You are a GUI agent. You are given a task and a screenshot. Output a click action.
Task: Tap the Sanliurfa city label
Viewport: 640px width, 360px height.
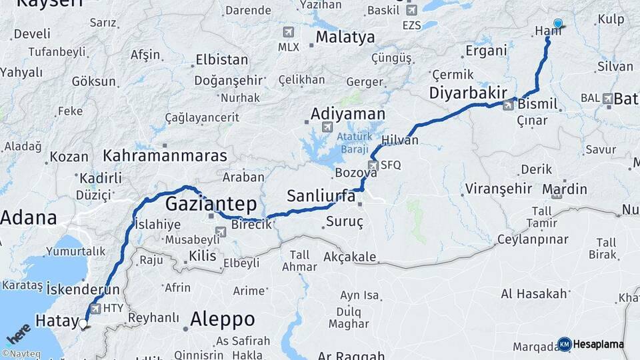click(x=321, y=196)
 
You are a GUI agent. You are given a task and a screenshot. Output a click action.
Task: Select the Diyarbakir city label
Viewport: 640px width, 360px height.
click(x=469, y=92)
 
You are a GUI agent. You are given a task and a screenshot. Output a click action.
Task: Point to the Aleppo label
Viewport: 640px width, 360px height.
click(x=222, y=319)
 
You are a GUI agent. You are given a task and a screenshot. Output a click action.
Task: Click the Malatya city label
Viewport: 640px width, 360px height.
click(x=345, y=37)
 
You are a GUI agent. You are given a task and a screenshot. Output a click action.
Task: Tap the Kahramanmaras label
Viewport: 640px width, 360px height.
click(x=165, y=156)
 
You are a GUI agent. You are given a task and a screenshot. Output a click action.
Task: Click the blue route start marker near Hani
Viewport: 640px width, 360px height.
click(x=557, y=23)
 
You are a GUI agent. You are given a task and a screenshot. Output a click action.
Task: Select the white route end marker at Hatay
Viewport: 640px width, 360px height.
click(x=83, y=324)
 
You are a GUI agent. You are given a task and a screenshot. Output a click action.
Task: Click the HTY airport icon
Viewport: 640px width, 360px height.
click(x=95, y=309)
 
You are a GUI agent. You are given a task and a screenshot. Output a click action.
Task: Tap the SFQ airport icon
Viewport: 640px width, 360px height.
click(x=373, y=165)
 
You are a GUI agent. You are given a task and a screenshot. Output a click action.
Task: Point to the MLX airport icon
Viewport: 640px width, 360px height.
click(x=288, y=32)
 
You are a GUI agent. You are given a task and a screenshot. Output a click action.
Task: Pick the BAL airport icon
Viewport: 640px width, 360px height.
click(x=607, y=99)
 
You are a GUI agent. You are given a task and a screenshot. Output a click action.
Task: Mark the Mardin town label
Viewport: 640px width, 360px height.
click(x=564, y=189)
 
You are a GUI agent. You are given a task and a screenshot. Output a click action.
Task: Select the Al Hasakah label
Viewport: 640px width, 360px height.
click(x=534, y=293)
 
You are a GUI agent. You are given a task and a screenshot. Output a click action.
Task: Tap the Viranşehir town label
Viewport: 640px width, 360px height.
click(x=497, y=187)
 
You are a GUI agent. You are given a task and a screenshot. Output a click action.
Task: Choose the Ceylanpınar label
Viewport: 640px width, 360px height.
click(x=533, y=239)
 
